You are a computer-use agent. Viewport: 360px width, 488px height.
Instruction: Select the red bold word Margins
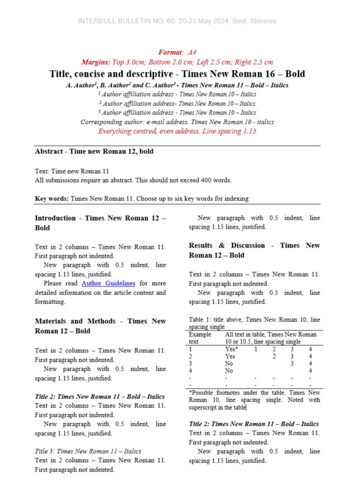(95, 62)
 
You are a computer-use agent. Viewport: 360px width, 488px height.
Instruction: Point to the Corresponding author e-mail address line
(177, 122)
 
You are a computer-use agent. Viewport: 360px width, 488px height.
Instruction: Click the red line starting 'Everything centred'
(177, 131)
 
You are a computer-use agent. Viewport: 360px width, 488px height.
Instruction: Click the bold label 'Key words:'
(52, 198)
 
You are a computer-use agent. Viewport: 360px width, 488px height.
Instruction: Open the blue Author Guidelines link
(108, 283)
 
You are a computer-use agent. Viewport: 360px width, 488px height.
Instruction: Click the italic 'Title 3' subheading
(88, 451)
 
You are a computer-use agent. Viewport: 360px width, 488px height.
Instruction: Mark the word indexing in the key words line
(236, 198)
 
